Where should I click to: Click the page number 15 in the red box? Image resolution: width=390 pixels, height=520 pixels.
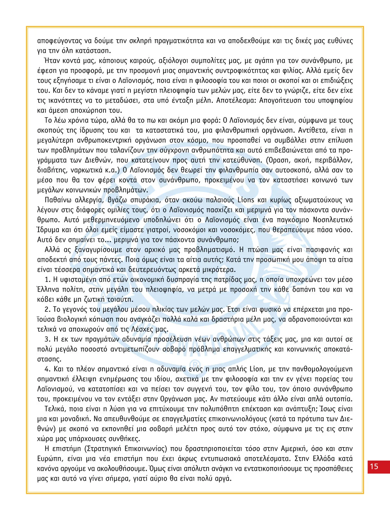(374, 466)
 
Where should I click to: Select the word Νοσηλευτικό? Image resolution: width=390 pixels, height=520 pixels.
(332, 220)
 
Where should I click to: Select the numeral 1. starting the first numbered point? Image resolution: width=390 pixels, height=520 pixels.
(47, 279)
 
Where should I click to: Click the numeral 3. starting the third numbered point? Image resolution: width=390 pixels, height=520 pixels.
(47, 339)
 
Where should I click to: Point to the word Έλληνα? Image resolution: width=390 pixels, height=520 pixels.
(48, 289)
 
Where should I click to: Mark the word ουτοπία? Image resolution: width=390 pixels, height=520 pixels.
(338, 399)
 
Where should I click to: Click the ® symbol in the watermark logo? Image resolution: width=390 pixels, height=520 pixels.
(194, 363)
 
